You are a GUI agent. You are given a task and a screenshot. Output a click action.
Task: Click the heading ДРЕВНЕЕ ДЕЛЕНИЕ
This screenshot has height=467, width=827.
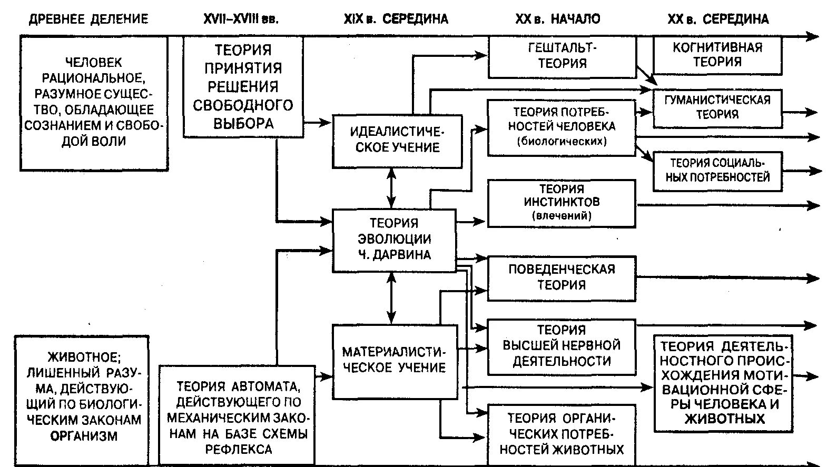point(88,19)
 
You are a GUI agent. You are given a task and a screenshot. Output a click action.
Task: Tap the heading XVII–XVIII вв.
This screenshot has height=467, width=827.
point(241,19)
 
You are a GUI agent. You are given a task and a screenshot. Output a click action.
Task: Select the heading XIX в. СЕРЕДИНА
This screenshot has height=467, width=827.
point(396,19)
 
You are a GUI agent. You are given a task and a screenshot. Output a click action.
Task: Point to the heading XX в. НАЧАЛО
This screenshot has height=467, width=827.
point(557,19)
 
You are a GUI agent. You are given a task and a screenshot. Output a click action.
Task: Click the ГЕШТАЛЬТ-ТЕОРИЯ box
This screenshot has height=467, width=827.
point(562,56)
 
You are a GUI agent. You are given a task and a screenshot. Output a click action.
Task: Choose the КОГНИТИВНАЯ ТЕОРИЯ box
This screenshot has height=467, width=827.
point(717,55)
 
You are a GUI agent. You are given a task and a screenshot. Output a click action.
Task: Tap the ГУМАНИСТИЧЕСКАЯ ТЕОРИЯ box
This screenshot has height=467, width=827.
point(717,107)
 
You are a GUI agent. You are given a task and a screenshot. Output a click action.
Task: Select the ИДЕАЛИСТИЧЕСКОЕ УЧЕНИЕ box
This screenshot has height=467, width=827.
point(397,140)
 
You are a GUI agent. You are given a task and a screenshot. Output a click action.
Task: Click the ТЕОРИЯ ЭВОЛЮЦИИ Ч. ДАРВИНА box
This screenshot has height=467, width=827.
point(393,240)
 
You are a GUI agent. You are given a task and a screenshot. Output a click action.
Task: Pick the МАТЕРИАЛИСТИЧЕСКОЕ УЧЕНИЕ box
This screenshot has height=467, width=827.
point(394,360)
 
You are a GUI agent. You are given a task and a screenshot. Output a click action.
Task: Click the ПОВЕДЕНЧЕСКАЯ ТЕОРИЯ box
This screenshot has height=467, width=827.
point(562,277)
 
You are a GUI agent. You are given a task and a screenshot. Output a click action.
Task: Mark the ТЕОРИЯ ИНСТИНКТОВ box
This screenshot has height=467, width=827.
point(562,202)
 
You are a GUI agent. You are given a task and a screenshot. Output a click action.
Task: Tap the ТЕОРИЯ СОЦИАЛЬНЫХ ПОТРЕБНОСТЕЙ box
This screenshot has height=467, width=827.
point(717,171)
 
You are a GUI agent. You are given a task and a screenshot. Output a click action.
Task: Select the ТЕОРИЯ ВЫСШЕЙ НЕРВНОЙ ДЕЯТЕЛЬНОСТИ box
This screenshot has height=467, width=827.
point(562,346)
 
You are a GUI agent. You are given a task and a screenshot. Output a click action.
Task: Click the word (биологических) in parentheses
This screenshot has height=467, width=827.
point(562,142)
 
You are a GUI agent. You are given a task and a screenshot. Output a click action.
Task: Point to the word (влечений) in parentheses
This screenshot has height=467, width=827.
point(562,215)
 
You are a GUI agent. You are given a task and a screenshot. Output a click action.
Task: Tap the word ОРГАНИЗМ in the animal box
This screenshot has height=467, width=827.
point(84,435)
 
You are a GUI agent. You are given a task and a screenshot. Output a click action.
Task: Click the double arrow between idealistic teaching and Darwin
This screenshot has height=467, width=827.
point(390,188)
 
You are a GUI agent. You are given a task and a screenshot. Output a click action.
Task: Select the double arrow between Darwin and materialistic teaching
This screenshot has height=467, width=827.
point(390,297)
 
